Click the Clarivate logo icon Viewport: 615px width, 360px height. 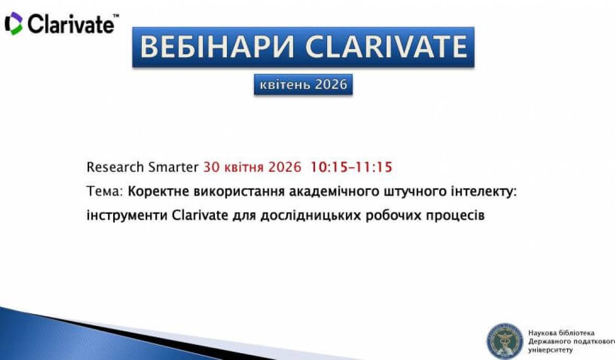[14, 23]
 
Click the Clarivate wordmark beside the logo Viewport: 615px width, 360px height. [71, 24]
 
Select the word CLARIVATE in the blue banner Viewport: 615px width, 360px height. [386, 47]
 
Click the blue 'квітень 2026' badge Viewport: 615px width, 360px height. [303, 85]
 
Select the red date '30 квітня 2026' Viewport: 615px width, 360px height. [252, 167]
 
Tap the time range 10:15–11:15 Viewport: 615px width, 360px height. [351, 167]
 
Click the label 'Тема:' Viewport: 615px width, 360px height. [104, 191]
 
